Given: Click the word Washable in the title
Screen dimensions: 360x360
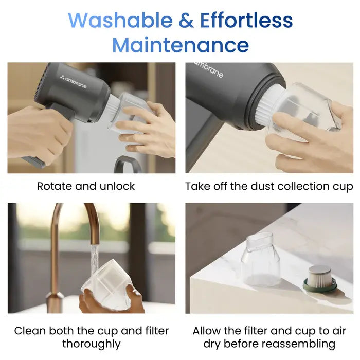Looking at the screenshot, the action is point(120,20).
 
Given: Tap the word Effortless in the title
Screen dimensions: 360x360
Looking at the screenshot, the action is point(246,20).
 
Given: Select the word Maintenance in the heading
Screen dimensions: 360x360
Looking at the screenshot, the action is point(181,45).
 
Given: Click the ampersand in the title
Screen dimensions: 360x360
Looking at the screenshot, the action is point(186,20).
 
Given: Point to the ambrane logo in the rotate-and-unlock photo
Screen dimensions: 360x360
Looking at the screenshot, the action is point(74,82).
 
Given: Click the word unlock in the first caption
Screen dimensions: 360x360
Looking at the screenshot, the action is point(117,186).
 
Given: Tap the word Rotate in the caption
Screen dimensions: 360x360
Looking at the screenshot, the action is point(55,186).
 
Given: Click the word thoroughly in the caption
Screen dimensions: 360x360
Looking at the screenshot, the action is point(92,344).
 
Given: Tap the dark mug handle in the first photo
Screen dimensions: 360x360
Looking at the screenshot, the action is point(125,164).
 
